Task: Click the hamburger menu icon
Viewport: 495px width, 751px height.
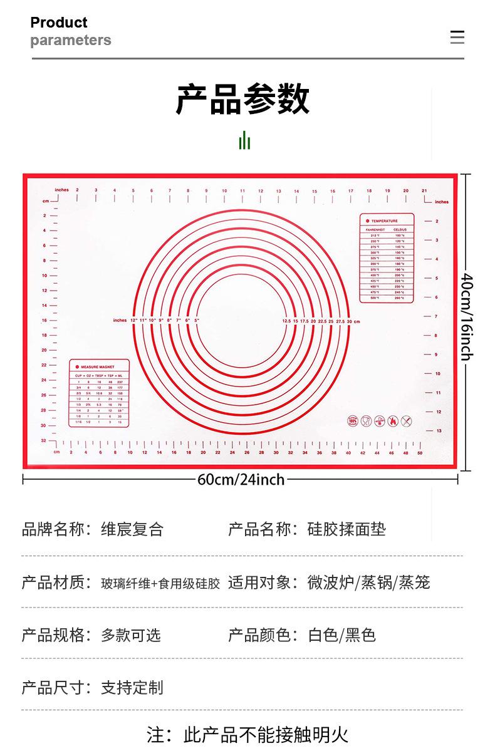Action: pyautogui.click(x=457, y=37)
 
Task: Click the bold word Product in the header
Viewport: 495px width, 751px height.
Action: pyautogui.click(x=59, y=23)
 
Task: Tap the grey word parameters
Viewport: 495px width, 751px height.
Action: pyautogui.click(x=71, y=41)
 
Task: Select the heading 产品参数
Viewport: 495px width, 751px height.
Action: pyautogui.click(x=243, y=99)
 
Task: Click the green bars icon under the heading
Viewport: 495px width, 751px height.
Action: pyautogui.click(x=244, y=140)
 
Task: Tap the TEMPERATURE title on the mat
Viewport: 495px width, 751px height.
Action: pyautogui.click(x=385, y=221)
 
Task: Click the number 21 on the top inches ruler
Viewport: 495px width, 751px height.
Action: pyautogui.click(x=424, y=190)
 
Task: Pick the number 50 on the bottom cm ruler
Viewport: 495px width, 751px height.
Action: pyautogui.click(x=420, y=453)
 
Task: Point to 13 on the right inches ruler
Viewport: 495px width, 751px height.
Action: pyautogui.click(x=439, y=430)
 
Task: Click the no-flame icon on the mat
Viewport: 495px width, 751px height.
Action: pyautogui.click(x=393, y=421)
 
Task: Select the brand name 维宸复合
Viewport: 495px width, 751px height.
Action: pyautogui.click(x=132, y=529)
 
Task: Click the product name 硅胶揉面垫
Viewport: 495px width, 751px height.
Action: pyautogui.click(x=346, y=529)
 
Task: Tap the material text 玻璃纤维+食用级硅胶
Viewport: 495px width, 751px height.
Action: pyautogui.click(x=160, y=583)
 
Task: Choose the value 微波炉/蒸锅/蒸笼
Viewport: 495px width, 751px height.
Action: pyautogui.click(x=368, y=583)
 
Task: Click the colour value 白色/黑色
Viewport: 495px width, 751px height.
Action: pyautogui.click(x=341, y=635)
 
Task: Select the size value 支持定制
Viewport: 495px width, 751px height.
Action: pyautogui.click(x=132, y=688)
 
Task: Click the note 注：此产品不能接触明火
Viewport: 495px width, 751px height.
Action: pyautogui.click(x=247, y=733)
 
